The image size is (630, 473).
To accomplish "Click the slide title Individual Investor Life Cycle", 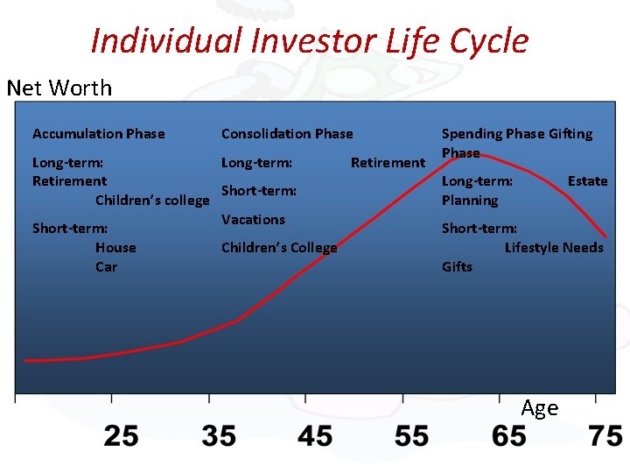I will pyautogui.click(x=309, y=40).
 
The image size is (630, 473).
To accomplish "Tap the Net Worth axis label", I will pyautogui.click(x=59, y=88).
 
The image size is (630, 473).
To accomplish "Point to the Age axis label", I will pyautogui.click(x=539, y=408).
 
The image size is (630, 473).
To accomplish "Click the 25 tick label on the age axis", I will pyautogui.click(x=121, y=435).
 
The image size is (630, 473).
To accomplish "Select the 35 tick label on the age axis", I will pyautogui.click(x=218, y=435).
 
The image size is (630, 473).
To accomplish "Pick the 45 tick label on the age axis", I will pyautogui.click(x=315, y=435).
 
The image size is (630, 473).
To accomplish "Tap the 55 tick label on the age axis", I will pyautogui.click(x=411, y=435).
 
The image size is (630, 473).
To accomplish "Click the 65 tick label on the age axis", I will pyautogui.click(x=508, y=435).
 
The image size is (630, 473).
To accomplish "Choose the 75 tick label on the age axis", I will pyautogui.click(x=605, y=435).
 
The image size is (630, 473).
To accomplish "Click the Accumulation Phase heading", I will pyautogui.click(x=98, y=134).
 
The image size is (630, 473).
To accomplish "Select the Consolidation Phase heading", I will pyautogui.click(x=287, y=134).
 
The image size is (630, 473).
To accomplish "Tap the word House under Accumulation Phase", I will pyautogui.click(x=115, y=248).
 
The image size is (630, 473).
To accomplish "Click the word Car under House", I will pyautogui.click(x=106, y=267).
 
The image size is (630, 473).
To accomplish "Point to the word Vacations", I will pyautogui.click(x=253, y=220).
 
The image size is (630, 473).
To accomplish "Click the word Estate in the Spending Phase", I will pyautogui.click(x=587, y=181).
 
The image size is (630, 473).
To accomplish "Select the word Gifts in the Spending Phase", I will pyautogui.click(x=457, y=267).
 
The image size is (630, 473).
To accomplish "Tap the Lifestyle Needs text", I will pyautogui.click(x=554, y=248).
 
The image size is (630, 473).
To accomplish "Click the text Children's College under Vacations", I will pyautogui.click(x=279, y=248).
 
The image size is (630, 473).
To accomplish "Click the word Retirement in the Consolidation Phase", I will pyautogui.click(x=388, y=162).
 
